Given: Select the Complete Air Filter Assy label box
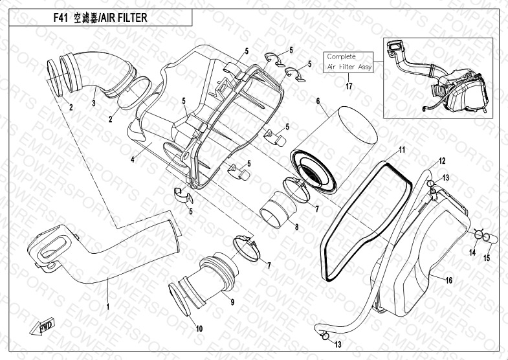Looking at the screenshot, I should click(x=349, y=62).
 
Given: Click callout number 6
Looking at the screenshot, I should click(x=318, y=102).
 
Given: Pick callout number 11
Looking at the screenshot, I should click(x=402, y=150).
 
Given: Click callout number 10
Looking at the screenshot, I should click(x=199, y=329).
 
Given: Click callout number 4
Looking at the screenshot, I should click(x=132, y=159).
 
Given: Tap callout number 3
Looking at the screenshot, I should click(x=94, y=102).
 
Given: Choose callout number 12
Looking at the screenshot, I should click(x=443, y=160).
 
